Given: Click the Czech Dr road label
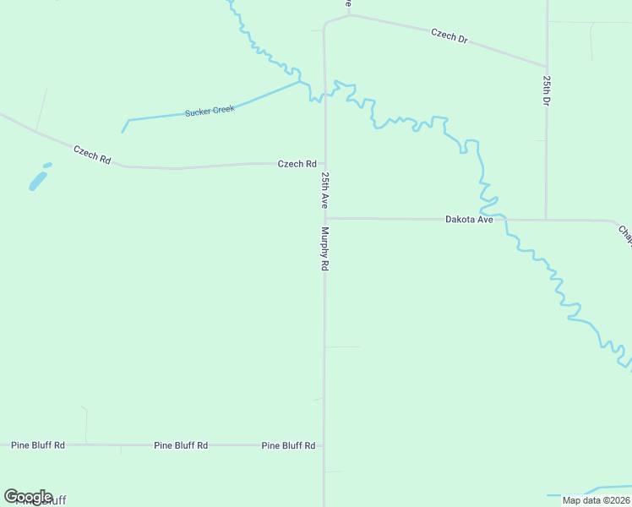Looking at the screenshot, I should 449,35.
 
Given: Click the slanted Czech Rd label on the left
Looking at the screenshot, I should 92,154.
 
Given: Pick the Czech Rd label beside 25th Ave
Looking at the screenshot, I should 297,164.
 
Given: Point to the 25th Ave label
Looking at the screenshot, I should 324,190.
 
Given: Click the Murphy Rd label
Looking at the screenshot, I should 324,248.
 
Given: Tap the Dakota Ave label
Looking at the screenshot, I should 469,219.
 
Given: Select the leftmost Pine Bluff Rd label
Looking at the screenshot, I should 37,444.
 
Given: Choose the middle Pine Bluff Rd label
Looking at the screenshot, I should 181,444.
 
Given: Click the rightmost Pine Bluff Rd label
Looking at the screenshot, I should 288,444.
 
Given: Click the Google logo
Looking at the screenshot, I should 28,497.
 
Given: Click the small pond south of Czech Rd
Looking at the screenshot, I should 39,179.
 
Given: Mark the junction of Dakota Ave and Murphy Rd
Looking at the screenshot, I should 325,218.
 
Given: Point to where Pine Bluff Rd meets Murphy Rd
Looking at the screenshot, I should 324,444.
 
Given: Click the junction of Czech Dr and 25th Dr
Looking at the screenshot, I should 547,65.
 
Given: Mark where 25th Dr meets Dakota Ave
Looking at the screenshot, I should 546,220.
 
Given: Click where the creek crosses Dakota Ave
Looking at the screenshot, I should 504,219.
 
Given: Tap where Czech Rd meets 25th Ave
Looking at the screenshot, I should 325,164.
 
